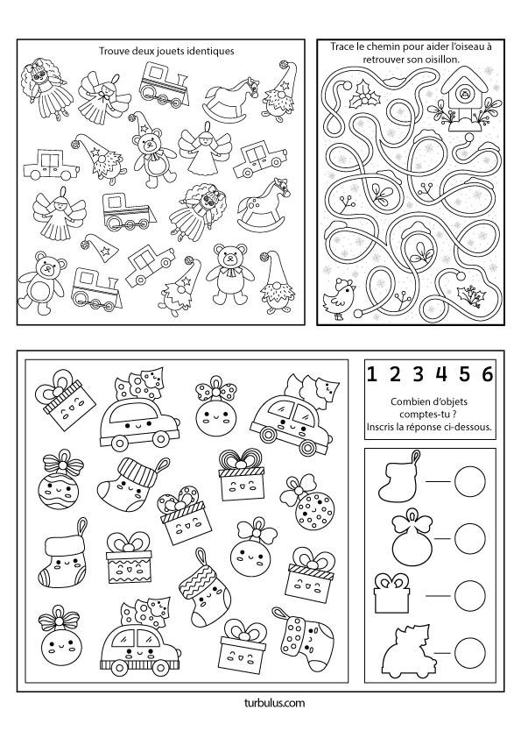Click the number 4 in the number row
[441, 373]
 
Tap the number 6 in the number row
[488, 373]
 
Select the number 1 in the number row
[372, 373]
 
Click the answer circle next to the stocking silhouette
[469, 481]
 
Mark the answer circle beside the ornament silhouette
[469, 537]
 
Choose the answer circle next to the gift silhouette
[469, 594]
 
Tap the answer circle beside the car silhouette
[469, 652]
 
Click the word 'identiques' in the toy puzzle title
[213, 52]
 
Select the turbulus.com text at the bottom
[275, 703]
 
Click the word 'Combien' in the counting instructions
[407, 402]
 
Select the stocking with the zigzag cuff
[200, 585]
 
